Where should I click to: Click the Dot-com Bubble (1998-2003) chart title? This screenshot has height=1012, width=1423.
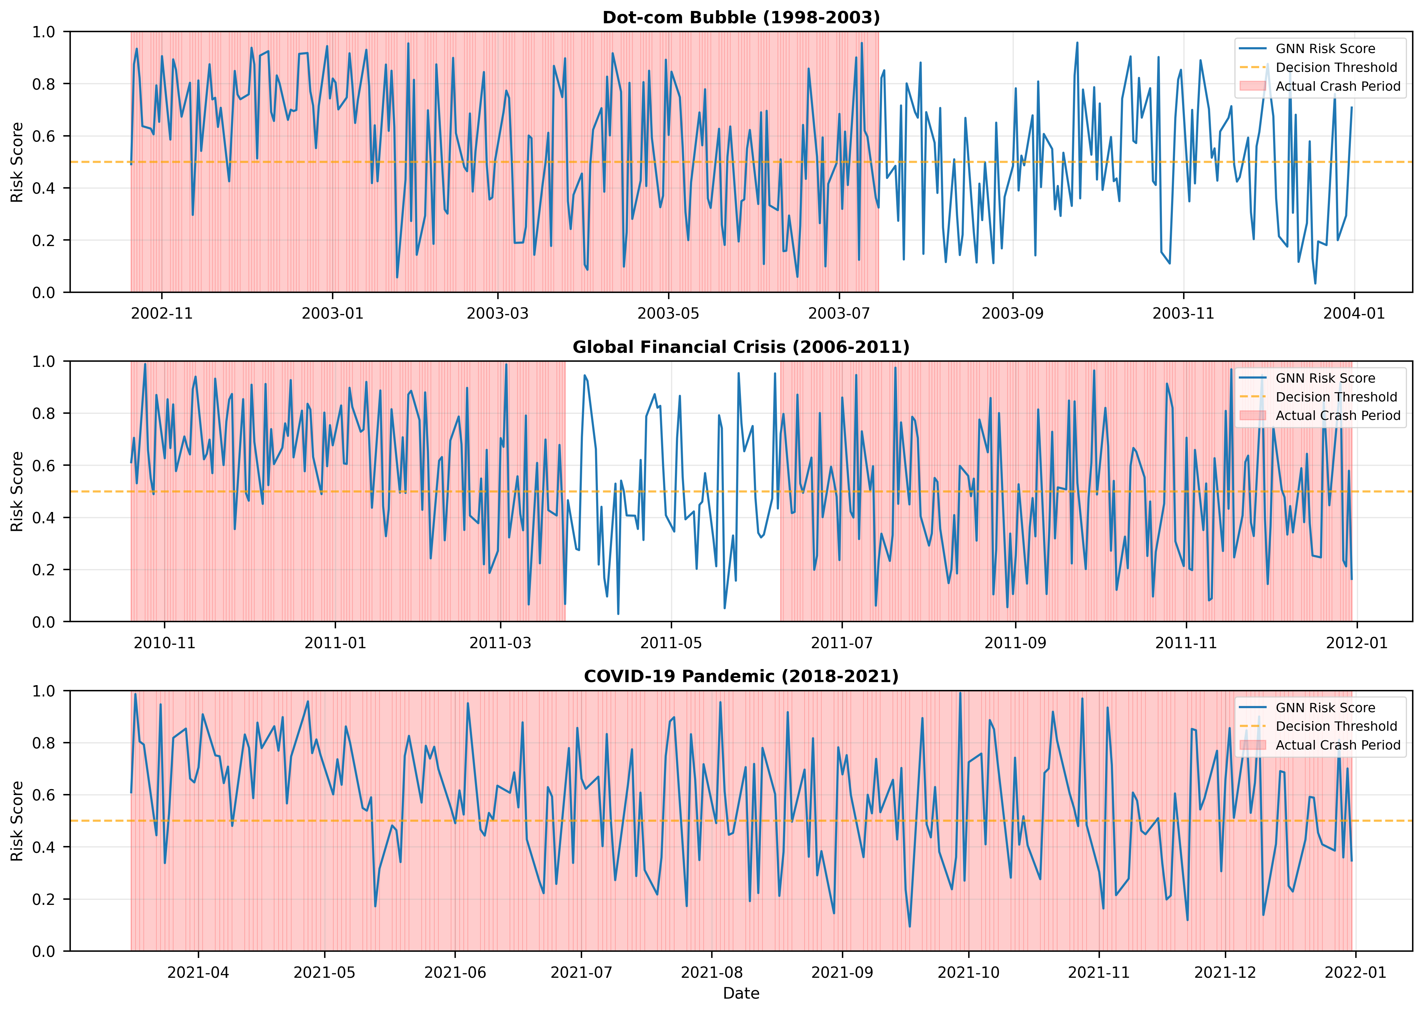click(741, 17)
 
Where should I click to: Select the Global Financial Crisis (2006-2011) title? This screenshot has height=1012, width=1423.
click(741, 347)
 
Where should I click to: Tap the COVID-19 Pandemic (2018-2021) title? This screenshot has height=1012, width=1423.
click(741, 676)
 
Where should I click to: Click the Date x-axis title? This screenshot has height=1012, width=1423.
click(741, 993)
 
